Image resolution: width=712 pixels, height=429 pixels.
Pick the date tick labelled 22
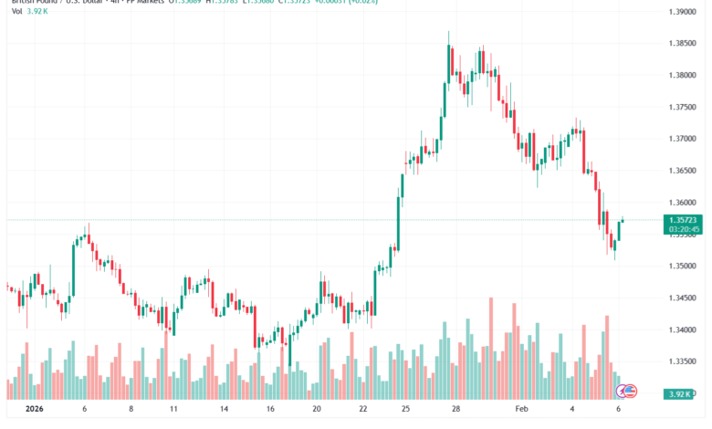coord(363,411)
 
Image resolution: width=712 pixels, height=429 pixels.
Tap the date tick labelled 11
coord(173,411)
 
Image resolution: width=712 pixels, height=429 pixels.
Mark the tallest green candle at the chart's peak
coord(449,64)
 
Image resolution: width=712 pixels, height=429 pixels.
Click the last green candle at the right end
coord(619,231)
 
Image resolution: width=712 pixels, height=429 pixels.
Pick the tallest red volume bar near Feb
coord(491,347)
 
